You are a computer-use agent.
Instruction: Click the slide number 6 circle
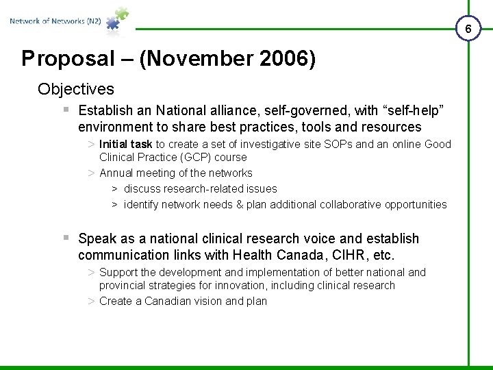468,29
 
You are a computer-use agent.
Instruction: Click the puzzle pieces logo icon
116,20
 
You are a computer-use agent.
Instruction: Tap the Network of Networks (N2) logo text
55,21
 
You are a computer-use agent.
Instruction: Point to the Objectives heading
76,89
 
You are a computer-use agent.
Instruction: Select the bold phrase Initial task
125,144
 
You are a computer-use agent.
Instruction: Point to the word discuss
142,188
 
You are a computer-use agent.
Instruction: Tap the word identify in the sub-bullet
143,204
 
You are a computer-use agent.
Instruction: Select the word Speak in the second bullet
97,238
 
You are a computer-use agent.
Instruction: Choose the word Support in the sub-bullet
118,272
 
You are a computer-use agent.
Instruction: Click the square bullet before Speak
66,237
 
